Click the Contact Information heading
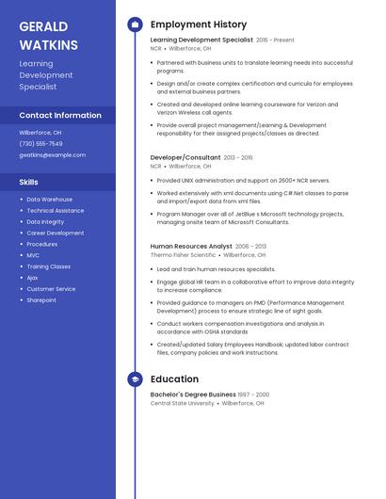click(x=60, y=115)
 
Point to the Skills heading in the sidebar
click(x=29, y=181)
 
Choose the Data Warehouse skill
click(x=49, y=200)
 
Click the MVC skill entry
click(x=33, y=255)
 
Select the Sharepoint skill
click(x=41, y=300)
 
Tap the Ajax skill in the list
click(x=33, y=278)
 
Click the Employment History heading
click(x=199, y=24)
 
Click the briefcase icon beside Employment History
click(x=135, y=24)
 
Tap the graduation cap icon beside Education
click(x=135, y=379)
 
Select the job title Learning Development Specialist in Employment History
click(x=201, y=40)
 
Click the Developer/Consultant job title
click(x=185, y=157)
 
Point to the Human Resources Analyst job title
click(x=191, y=246)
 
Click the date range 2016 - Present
click(x=275, y=40)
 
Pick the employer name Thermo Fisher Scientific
click(x=183, y=254)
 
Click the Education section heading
click(x=174, y=379)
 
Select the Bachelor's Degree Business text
click(x=193, y=394)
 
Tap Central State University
click(x=183, y=403)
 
